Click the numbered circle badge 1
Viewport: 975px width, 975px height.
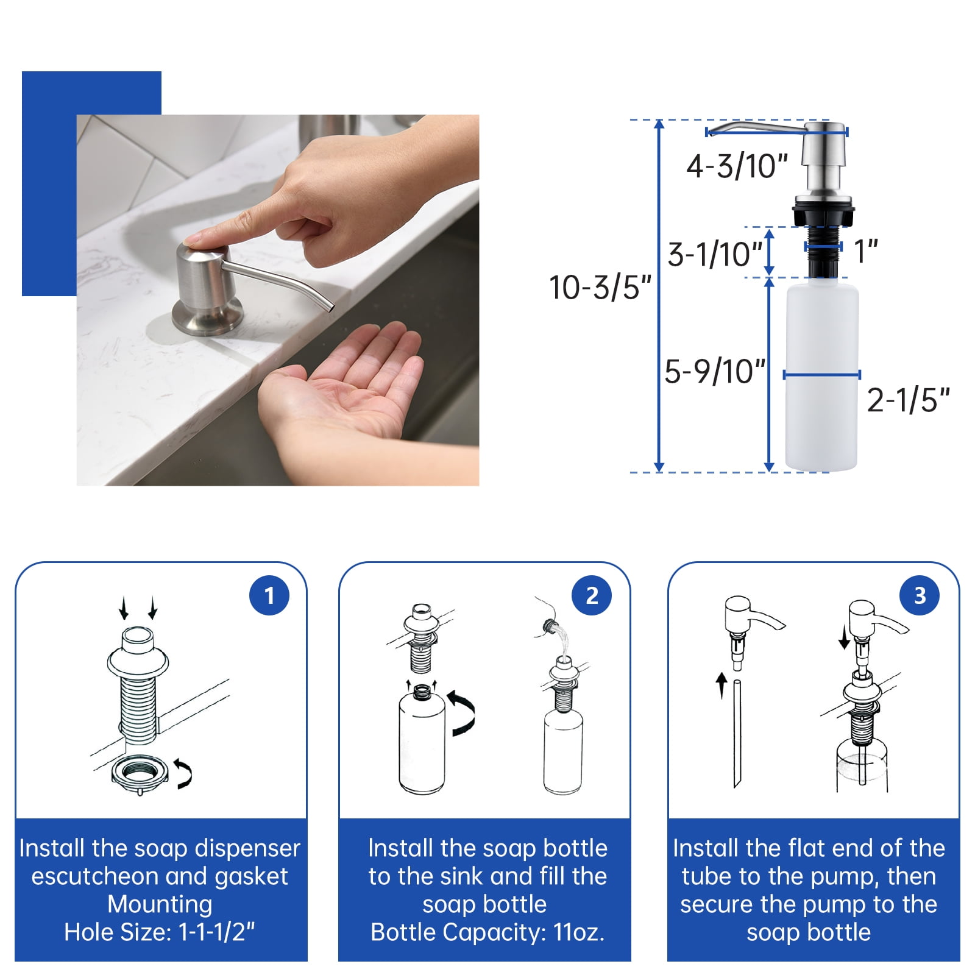pyautogui.click(x=269, y=595)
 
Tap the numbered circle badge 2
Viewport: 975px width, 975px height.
pyautogui.click(x=592, y=595)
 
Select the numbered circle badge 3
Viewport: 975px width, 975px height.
pyautogui.click(x=920, y=595)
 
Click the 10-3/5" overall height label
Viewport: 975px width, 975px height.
pyautogui.click(x=600, y=288)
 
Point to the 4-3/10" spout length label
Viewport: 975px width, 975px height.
pyautogui.click(x=737, y=166)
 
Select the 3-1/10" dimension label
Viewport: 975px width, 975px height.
pyautogui.click(x=715, y=254)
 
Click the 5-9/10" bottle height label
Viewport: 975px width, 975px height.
pyautogui.click(x=715, y=371)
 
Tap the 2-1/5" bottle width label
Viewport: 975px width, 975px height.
pyautogui.click(x=908, y=400)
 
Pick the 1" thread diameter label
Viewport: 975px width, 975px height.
pyautogui.click(x=865, y=251)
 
